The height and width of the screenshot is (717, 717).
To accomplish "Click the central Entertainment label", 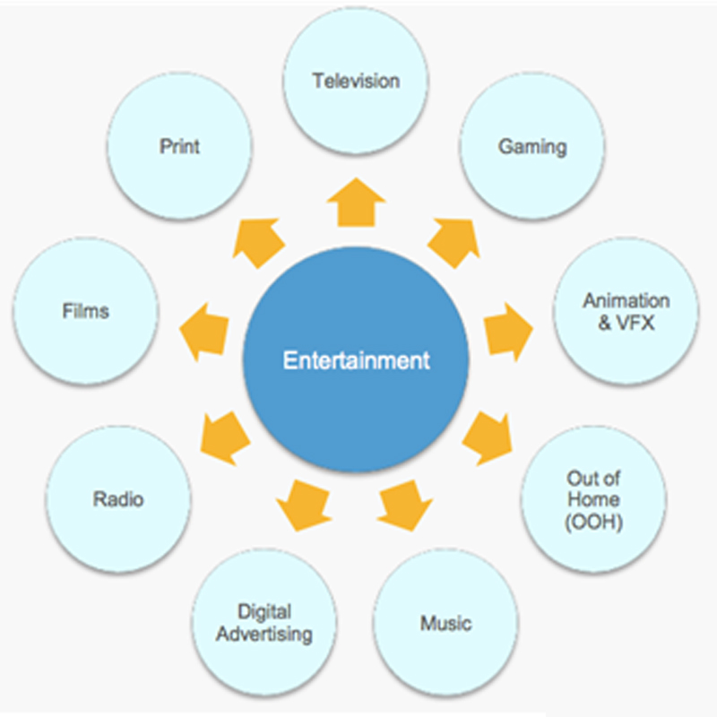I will [x=357, y=360].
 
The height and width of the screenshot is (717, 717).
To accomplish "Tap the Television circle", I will [x=356, y=82].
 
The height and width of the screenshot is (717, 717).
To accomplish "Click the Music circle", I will [x=445, y=623].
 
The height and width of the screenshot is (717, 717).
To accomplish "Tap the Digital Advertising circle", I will [x=265, y=623].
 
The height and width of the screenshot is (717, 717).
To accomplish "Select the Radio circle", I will [x=118, y=499].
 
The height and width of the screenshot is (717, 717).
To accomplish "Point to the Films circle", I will [x=86, y=311].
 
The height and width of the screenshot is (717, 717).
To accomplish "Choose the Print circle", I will [x=179, y=146].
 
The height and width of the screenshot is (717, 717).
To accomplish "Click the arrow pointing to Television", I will [x=356, y=201].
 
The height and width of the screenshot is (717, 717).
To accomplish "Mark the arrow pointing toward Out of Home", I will [x=488, y=436].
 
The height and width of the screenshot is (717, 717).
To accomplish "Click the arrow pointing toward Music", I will [x=403, y=504].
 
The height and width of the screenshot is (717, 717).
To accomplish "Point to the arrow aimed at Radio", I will [x=222, y=436].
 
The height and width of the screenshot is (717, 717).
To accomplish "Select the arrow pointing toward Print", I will [x=259, y=239].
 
